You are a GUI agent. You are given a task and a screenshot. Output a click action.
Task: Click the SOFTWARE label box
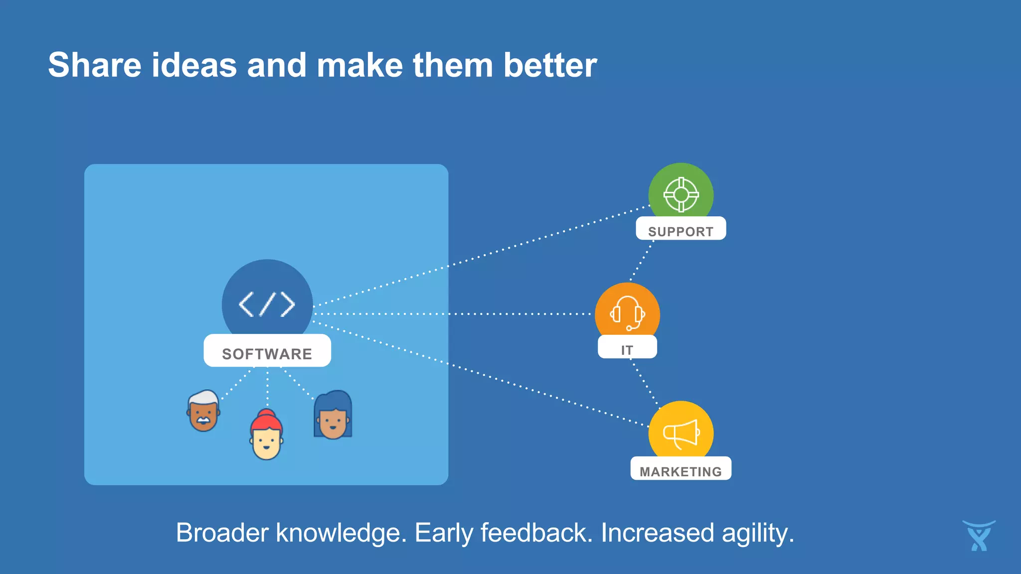267,352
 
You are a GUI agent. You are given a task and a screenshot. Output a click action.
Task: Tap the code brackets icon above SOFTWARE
267,304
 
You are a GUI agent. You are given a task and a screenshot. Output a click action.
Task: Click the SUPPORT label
681,231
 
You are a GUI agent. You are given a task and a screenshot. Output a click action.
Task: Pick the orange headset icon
627,313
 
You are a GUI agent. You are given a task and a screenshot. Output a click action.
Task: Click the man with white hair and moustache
203,412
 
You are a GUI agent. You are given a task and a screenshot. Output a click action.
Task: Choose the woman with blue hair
333,416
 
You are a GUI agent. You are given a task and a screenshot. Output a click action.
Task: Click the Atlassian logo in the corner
979,536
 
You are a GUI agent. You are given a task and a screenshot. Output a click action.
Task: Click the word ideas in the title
194,65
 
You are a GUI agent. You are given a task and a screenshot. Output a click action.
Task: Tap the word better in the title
550,65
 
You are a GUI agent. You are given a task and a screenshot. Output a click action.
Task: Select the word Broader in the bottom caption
223,533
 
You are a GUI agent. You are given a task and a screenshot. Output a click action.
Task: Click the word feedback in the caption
536,533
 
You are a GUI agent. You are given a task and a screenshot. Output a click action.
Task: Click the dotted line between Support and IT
643,260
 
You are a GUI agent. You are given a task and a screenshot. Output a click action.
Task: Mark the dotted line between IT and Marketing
645,382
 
